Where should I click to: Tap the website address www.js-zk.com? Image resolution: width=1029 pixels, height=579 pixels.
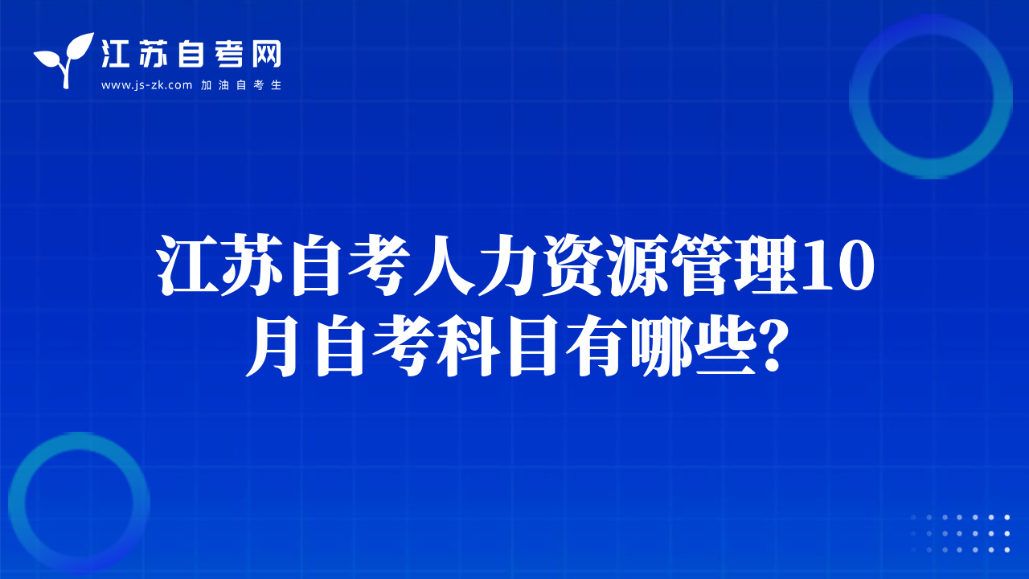tap(146, 85)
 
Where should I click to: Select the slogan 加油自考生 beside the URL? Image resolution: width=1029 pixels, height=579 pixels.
tap(241, 85)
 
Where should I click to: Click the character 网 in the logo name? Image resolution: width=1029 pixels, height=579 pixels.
tap(266, 54)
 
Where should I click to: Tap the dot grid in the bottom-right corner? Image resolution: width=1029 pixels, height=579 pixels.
tap(960, 533)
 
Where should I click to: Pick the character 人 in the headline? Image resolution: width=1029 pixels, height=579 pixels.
tap(444, 265)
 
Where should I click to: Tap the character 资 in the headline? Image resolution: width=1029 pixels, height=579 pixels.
tap(573, 265)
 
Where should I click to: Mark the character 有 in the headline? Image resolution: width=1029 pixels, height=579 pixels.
tap(597, 346)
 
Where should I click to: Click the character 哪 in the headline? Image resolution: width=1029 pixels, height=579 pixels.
tap(662, 346)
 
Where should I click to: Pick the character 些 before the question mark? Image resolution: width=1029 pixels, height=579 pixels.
tap(726, 346)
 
